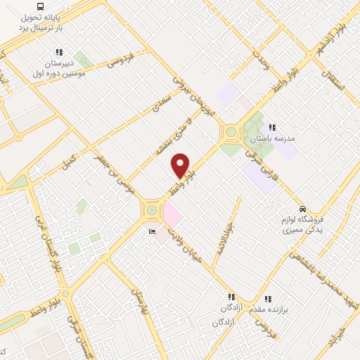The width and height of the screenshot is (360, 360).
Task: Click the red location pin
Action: click(x=181, y=165)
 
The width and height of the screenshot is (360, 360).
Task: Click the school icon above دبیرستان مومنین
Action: click(x=58, y=52)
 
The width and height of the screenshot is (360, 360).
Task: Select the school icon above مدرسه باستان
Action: click(x=271, y=127)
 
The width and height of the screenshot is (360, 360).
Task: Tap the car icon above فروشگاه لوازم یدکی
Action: click(x=302, y=209)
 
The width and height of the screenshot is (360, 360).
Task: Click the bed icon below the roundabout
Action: click(x=151, y=231)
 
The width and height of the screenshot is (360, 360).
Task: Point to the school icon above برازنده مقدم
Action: click(x=267, y=298)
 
